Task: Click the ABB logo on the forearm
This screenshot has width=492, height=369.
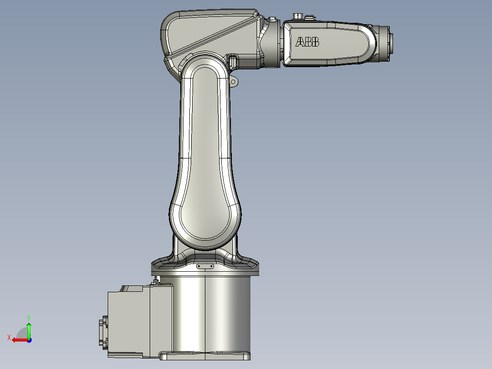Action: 307,42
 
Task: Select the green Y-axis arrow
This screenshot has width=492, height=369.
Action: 29,329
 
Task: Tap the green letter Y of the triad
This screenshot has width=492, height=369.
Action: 29,316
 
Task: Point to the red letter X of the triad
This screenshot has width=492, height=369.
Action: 9,337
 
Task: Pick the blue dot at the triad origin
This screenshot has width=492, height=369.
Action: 29,340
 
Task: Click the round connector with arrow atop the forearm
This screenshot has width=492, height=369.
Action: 297,16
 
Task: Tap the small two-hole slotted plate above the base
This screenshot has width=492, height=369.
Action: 205,266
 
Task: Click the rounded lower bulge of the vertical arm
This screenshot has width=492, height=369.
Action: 205,219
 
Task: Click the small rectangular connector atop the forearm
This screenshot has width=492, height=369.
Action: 309,17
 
